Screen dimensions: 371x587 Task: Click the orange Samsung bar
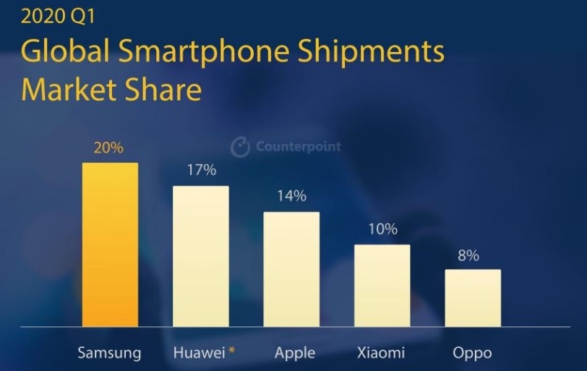(x=110, y=244)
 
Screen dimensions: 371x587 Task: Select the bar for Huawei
(x=200, y=256)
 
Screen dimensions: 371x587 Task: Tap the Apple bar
(x=291, y=269)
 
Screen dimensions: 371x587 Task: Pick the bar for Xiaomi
(x=382, y=285)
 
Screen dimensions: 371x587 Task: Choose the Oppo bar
(x=472, y=297)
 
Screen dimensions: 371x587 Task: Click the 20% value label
(x=109, y=148)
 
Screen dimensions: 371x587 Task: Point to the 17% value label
(x=201, y=171)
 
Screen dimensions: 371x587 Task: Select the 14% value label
(x=291, y=196)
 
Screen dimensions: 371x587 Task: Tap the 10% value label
(x=382, y=229)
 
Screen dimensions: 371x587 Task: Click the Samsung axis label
(x=109, y=353)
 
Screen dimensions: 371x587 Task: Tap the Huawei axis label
(x=199, y=353)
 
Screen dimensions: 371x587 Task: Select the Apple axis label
(x=295, y=354)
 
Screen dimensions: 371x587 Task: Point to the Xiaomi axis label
(x=381, y=353)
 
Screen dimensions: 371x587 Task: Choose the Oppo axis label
(x=472, y=354)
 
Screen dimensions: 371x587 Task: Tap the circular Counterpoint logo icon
(x=240, y=147)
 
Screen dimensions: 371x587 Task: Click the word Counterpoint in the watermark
(x=298, y=147)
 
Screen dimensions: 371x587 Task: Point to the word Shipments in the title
(x=372, y=53)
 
